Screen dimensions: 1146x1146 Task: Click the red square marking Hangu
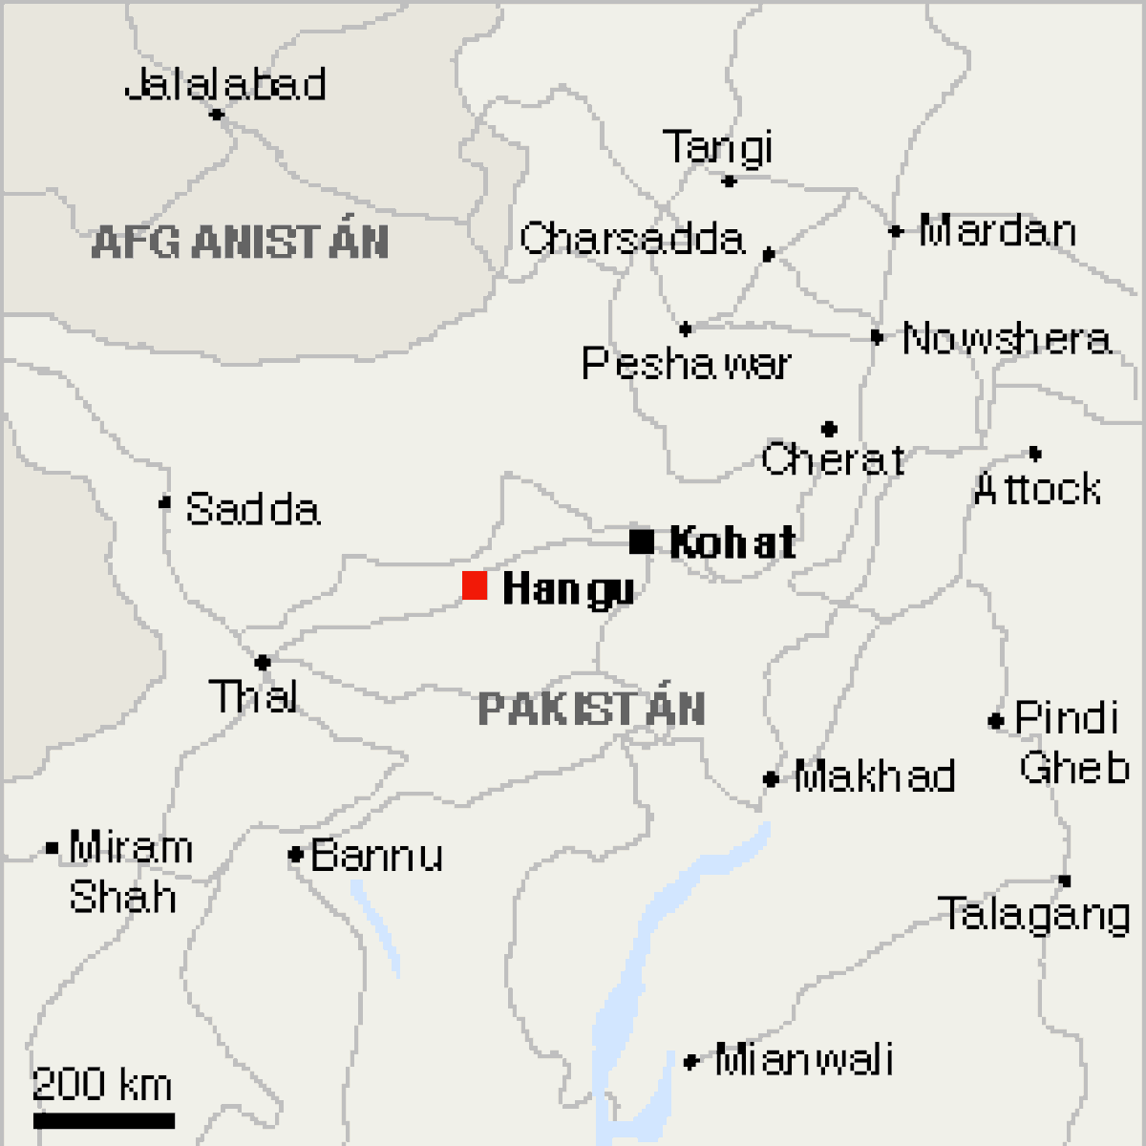pos(475,585)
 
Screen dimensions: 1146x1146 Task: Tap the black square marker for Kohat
pos(642,541)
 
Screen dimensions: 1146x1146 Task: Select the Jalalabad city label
pos(225,85)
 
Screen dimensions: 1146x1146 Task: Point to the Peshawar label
pos(687,364)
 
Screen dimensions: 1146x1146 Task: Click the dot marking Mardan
pos(896,231)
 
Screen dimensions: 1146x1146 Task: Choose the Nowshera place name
pos(1007,339)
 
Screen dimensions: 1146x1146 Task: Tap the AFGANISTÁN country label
pos(241,242)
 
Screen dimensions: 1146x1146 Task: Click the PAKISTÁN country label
pos(591,710)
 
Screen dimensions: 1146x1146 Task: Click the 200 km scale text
pos(103,1085)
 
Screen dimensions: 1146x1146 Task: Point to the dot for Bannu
pos(295,855)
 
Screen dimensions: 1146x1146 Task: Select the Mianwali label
pos(804,1060)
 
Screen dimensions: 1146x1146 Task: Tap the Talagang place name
pos(1035,914)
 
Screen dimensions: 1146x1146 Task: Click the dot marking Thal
pos(263,662)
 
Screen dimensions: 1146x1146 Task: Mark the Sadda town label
pos(252,509)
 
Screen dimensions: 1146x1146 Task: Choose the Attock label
pos(1037,489)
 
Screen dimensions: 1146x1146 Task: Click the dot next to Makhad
pos(771,779)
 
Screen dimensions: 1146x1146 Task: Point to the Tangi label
pos(717,147)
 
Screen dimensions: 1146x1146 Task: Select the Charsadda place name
pos(631,239)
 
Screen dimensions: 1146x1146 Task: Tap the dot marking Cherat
pos(829,429)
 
